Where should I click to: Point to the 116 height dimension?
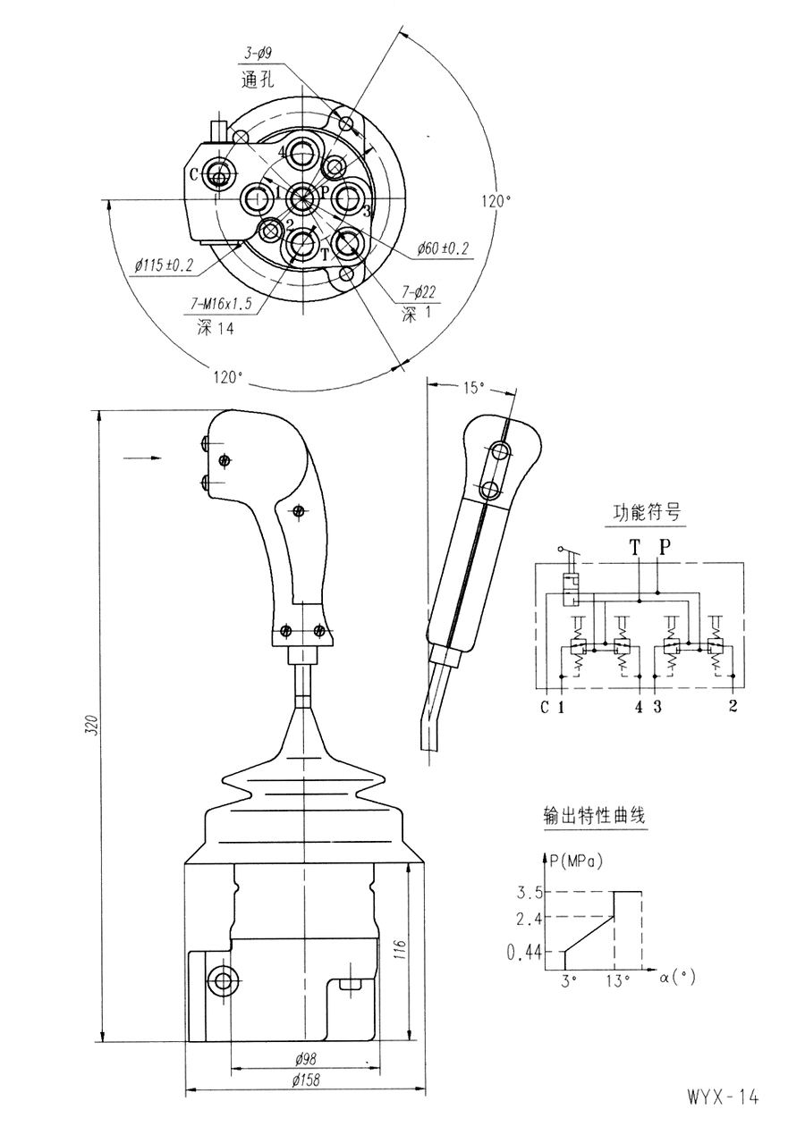tap(400, 950)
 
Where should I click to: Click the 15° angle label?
tap(474, 388)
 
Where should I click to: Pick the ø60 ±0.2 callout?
tap(443, 249)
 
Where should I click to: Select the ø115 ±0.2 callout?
tap(164, 266)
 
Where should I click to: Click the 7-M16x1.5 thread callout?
tap(221, 305)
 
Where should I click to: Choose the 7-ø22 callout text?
tap(419, 291)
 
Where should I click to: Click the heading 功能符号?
tap(646, 512)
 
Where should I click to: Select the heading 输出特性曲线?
tap(595, 815)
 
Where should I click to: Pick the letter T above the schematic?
tap(634, 548)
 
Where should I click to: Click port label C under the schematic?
tap(545, 708)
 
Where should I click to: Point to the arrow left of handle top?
tap(143, 458)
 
